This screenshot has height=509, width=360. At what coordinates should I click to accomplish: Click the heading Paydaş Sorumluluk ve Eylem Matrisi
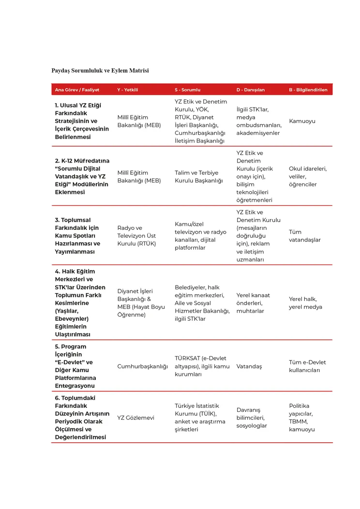tap(100, 71)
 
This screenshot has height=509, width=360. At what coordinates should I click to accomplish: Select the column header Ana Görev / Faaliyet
tap(77, 90)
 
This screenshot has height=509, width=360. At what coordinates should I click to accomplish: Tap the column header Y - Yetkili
tap(128, 90)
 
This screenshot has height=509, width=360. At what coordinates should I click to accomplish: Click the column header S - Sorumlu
tap(187, 90)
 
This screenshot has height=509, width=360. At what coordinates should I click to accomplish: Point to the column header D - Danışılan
tap(251, 90)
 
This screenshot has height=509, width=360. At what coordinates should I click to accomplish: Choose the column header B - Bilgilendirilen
tap(308, 90)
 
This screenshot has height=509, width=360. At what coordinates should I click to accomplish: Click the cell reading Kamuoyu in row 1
tap(302, 121)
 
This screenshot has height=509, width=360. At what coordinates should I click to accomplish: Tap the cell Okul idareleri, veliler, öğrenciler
tap(308, 177)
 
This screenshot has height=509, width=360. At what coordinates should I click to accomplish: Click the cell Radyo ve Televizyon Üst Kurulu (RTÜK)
tap(137, 236)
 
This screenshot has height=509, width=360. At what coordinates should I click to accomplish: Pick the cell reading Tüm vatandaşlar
tap(305, 236)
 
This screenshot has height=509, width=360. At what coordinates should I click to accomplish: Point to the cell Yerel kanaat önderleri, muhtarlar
tap(253, 303)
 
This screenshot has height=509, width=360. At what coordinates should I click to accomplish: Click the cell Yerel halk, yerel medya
tap(306, 303)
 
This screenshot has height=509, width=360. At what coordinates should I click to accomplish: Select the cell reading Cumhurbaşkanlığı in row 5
tap(143, 366)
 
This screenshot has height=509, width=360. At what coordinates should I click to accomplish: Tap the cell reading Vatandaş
tap(249, 366)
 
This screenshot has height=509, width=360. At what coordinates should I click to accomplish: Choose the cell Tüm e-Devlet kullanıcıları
tap(308, 366)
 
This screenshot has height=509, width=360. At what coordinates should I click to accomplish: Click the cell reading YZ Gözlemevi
tap(136, 418)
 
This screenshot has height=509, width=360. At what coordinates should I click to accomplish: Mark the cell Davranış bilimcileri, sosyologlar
tap(252, 418)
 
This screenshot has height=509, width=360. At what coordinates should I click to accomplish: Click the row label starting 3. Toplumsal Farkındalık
tap(77, 236)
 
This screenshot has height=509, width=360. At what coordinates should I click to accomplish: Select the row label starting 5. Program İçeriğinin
tap(76, 366)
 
